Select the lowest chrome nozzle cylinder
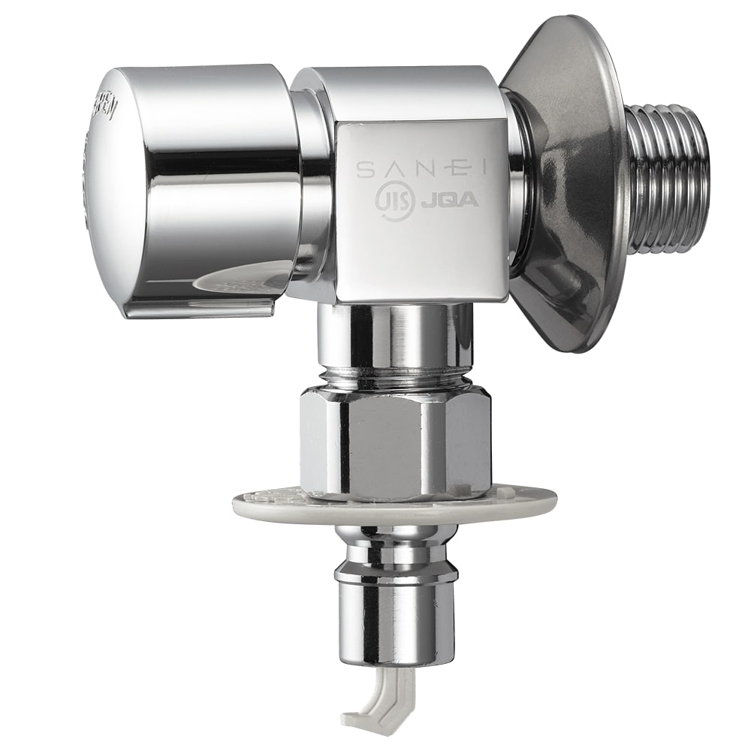(x=394, y=623)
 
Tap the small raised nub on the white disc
(x=511, y=491)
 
